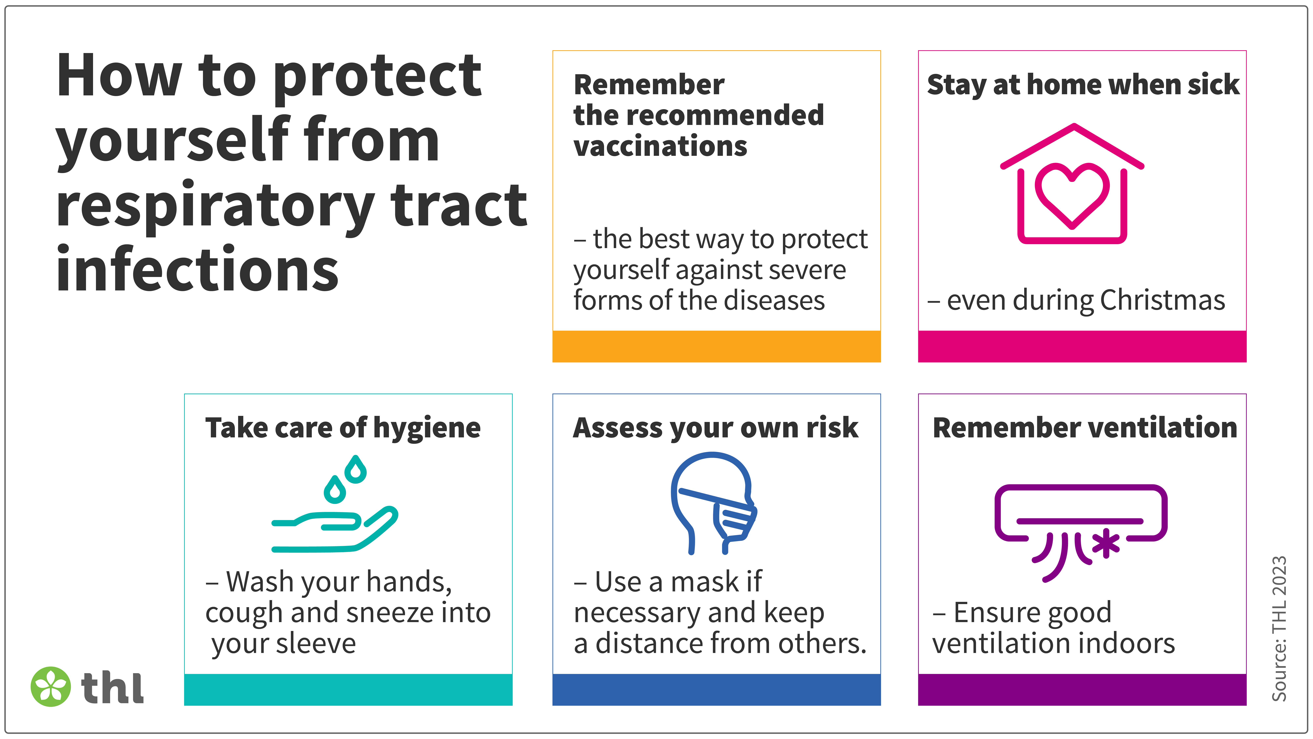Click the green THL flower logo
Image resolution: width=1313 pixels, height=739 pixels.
(50, 686)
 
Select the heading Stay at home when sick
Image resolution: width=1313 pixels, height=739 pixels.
(1083, 85)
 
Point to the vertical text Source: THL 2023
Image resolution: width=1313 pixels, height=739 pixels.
(1279, 629)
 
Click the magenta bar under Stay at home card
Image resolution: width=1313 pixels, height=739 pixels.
(1082, 346)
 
